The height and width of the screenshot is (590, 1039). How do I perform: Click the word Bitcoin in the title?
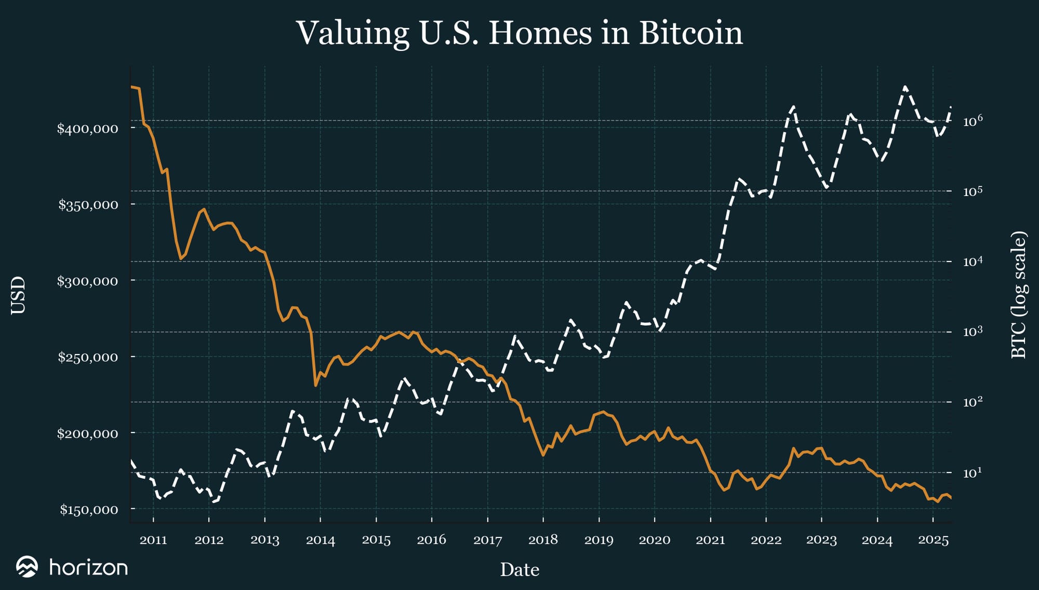coord(690,33)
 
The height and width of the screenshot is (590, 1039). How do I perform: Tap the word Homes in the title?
coord(540,33)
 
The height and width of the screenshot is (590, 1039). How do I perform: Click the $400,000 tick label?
coord(88,128)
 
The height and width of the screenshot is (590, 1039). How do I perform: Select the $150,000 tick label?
coord(89,510)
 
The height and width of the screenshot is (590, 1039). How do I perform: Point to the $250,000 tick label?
coord(88,357)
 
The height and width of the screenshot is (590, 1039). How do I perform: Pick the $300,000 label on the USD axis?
coord(88,281)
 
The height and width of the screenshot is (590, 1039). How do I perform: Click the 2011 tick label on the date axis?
coord(153,540)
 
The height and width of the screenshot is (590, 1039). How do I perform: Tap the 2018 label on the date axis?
coord(543,540)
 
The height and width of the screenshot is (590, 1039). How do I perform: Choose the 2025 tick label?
coord(933,540)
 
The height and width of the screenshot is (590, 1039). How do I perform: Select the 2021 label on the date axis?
coord(710,540)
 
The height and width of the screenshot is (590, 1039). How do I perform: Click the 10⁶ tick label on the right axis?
coord(973,121)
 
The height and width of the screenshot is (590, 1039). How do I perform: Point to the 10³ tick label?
coord(973,332)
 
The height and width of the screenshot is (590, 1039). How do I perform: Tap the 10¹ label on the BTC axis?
coord(973,473)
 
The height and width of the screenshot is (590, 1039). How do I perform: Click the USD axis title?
coord(18,295)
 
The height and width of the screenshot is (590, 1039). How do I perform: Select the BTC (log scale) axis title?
coord(1019,295)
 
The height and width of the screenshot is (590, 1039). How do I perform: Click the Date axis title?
coord(519,570)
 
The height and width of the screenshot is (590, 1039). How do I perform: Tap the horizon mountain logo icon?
coord(27,567)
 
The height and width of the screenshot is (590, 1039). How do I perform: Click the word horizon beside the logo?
coord(88,567)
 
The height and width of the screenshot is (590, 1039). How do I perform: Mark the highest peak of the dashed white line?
coord(905,87)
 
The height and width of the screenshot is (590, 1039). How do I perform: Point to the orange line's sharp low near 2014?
coord(315,385)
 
